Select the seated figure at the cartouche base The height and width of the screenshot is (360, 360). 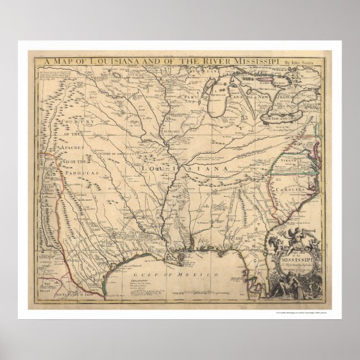[x=295, y=285]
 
